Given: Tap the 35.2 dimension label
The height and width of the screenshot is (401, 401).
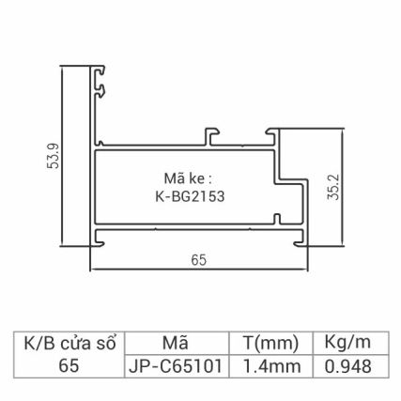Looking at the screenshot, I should pyautogui.click(x=335, y=188).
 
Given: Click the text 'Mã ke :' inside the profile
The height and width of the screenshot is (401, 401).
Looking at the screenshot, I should pyautogui.click(x=189, y=179).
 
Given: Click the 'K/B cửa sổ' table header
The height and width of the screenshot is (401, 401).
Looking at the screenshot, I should pyautogui.click(x=69, y=343).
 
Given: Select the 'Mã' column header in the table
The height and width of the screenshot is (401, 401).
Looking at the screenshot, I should pyautogui.click(x=175, y=343).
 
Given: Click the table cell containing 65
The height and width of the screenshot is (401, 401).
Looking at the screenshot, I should pyautogui.click(x=69, y=366).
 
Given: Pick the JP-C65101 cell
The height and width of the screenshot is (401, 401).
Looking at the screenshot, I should pyautogui.click(x=175, y=366).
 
